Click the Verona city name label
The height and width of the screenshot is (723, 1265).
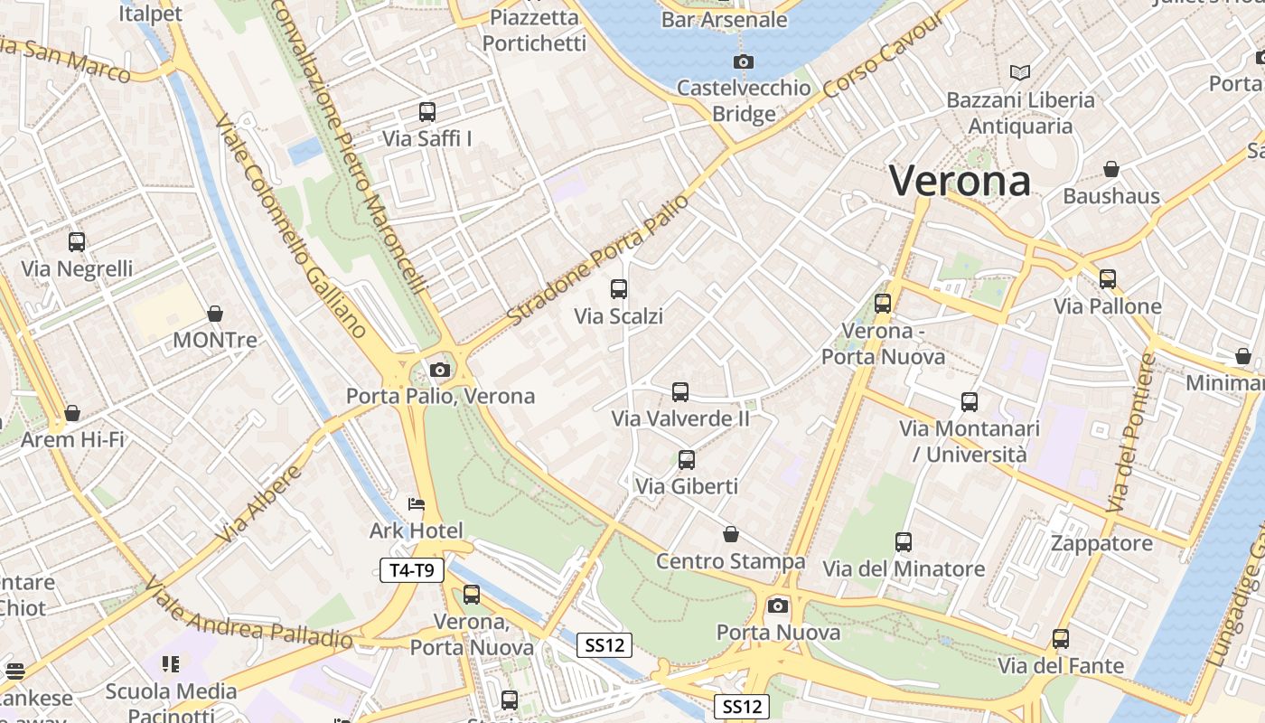pyautogui.click(x=960, y=181)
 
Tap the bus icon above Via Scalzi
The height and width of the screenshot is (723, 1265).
pyautogui.click(x=619, y=289)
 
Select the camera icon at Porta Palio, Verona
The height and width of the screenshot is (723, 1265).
pyautogui.click(x=440, y=369)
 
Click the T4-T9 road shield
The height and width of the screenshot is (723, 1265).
pyautogui.click(x=411, y=569)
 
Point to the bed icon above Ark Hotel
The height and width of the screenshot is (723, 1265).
pyautogui.click(x=417, y=503)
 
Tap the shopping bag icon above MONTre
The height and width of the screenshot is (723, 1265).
pyautogui.click(x=215, y=314)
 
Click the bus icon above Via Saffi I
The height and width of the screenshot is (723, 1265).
pyautogui.click(x=427, y=112)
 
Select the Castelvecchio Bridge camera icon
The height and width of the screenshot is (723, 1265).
pyautogui.click(x=744, y=61)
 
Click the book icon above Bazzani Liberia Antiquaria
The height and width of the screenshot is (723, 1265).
pyautogui.click(x=1020, y=72)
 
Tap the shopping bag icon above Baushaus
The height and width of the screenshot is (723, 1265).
pyautogui.click(x=1111, y=169)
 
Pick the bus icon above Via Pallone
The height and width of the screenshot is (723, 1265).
pyautogui.click(x=1108, y=279)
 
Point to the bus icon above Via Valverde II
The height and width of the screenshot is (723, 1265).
pyautogui.click(x=680, y=392)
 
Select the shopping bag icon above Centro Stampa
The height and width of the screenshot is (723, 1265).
pyautogui.click(x=730, y=534)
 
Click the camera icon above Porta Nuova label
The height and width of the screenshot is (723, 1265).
pyautogui.click(x=778, y=606)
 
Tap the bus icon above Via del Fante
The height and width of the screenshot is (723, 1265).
pyautogui.click(x=1061, y=639)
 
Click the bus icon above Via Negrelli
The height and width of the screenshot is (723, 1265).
pyautogui.click(x=77, y=242)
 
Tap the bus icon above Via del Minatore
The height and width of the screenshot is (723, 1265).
pyautogui.click(x=904, y=542)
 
